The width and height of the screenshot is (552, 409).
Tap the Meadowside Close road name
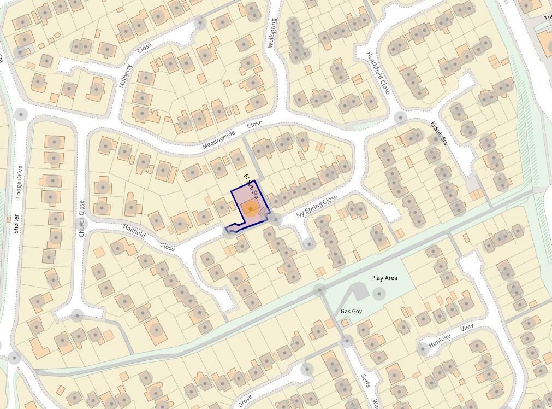click(232, 135)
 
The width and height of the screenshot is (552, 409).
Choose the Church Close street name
click(81, 218)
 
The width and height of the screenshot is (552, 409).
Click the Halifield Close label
click(149, 237)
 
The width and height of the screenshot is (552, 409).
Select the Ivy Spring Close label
click(317, 207)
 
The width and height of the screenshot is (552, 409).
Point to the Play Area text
click(384, 278)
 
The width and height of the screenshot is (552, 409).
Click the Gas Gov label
click(352, 311)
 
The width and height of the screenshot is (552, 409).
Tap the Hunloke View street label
click(451, 336)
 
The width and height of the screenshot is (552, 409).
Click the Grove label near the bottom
click(246, 400)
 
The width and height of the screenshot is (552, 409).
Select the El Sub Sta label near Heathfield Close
click(438, 132)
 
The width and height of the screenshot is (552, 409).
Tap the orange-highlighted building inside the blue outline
click(250, 209)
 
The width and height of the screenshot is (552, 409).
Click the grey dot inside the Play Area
click(378, 295)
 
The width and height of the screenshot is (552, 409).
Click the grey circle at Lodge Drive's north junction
click(21, 114)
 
